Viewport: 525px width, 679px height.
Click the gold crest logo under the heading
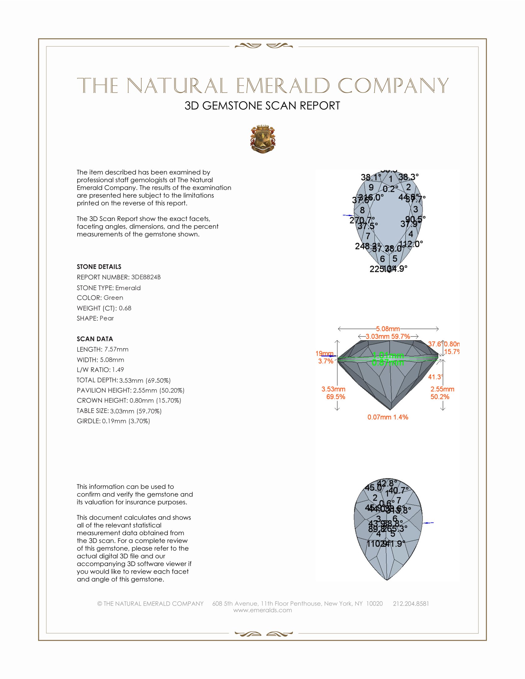coord(263,140)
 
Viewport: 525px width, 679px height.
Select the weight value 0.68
coord(125,308)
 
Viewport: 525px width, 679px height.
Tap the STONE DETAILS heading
coord(99,267)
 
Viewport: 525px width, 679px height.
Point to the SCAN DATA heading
coord(95,339)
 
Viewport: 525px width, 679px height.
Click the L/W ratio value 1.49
coord(118,370)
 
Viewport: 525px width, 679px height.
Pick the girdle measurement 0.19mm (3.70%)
coord(126,421)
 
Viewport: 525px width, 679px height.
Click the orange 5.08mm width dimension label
coord(388,329)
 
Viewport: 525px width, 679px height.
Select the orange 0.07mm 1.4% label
coord(388,417)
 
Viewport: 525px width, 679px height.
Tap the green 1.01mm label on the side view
coord(388,355)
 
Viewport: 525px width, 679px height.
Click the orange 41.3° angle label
coord(435,377)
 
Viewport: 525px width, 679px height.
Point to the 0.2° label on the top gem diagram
coord(390,189)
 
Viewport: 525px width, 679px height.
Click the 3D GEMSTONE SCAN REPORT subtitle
coord(262,106)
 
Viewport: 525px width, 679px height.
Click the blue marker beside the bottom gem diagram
coord(429,523)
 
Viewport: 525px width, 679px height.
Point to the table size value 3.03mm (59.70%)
coord(136,411)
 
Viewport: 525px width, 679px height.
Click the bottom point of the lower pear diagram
coord(387,580)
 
